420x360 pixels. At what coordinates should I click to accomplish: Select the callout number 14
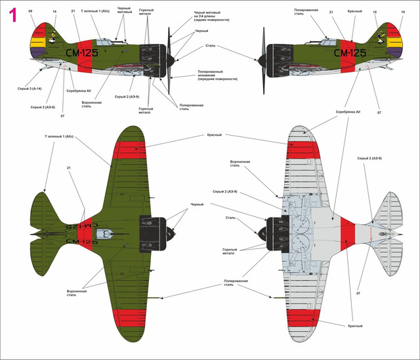[x=54, y=11]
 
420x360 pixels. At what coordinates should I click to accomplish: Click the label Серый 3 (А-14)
[x=30, y=88]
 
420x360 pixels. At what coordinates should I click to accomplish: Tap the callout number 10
[x=402, y=11]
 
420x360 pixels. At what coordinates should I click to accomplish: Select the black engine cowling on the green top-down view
[x=152, y=233]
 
